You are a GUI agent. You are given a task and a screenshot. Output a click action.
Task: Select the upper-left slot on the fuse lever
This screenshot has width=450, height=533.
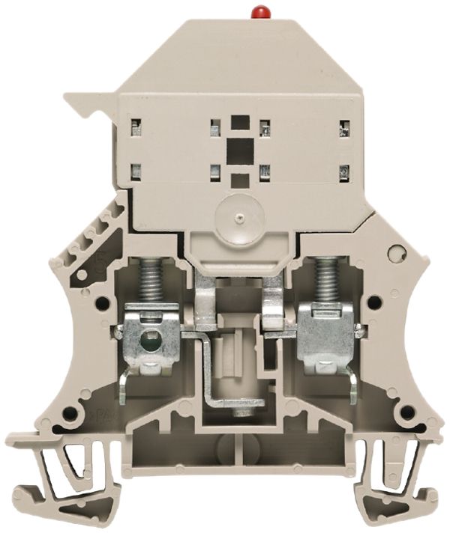(136, 126)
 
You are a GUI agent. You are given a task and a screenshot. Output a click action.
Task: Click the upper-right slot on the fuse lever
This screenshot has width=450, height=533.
(344, 128)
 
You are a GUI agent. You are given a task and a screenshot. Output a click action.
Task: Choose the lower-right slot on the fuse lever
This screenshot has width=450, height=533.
(344, 171)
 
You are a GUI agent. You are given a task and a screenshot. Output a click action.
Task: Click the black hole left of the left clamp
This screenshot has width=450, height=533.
(101, 304)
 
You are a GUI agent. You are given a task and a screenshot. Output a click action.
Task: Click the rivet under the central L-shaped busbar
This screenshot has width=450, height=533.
(241, 412)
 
